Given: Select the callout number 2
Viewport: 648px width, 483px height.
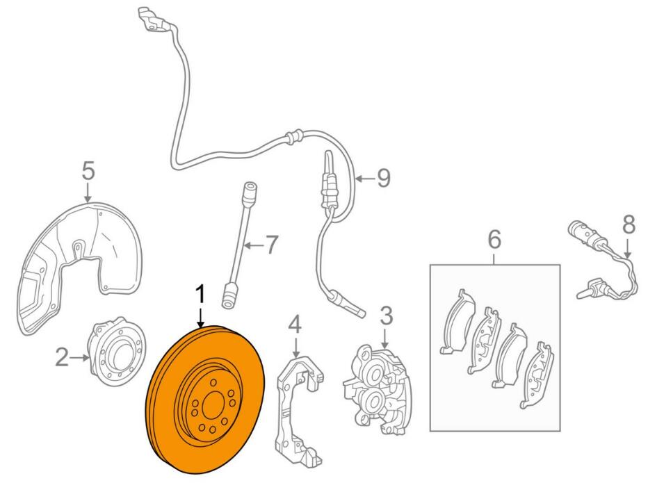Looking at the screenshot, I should click(x=62, y=358).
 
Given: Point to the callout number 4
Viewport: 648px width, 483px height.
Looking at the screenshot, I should click(x=295, y=325).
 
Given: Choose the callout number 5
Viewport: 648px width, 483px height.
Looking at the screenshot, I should click(x=87, y=170).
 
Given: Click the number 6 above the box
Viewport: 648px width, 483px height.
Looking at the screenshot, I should click(x=494, y=242).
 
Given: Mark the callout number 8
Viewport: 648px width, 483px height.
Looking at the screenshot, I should click(x=629, y=224).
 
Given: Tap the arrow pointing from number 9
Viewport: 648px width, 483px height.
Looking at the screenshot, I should click(x=364, y=179).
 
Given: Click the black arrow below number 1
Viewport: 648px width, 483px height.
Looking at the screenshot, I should click(x=200, y=317).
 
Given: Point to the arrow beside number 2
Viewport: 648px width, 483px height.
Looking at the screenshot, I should click(x=81, y=358).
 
